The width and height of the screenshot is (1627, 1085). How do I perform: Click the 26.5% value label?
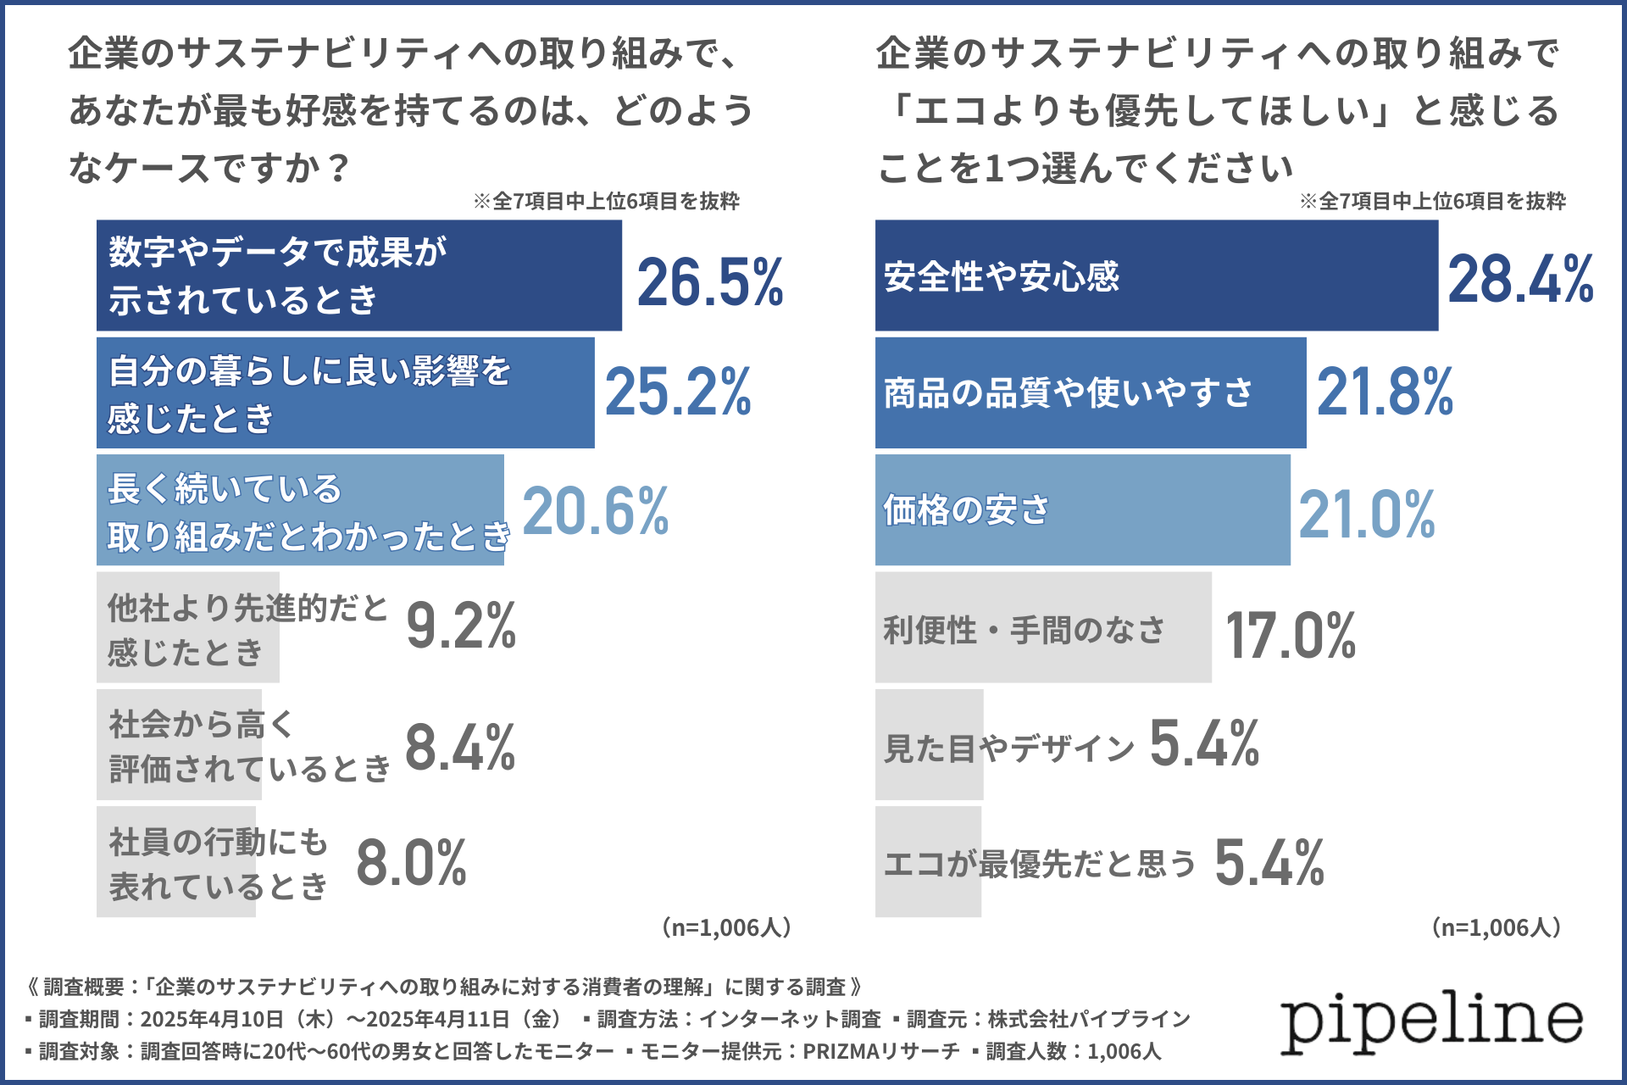pyautogui.click(x=710, y=282)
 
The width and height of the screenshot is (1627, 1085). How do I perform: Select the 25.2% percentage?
pyautogui.click(x=678, y=392)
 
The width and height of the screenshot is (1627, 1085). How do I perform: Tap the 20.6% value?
pyautogui.click(x=595, y=511)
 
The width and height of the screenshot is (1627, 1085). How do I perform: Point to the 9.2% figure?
pyautogui.click(x=461, y=626)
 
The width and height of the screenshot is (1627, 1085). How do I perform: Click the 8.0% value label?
pyautogui.click(x=412, y=863)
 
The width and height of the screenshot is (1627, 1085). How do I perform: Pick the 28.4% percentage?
pyautogui.click(x=1520, y=279)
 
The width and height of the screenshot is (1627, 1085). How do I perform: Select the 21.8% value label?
pyautogui.click(x=1385, y=392)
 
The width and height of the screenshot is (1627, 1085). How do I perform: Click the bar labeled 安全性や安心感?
pyautogui.click(x=1156, y=275)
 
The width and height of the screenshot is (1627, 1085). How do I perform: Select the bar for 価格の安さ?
pyautogui.click(x=1082, y=510)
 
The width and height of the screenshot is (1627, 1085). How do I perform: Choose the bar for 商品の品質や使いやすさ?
pyautogui.click(x=1090, y=392)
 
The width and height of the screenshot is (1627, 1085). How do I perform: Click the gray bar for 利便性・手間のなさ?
pyautogui.click(x=1042, y=628)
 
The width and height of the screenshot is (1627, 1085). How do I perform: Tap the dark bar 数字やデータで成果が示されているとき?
pyautogui.click(x=358, y=275)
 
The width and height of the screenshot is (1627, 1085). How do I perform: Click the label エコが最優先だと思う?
pyautogui.click(x=1039, y=864)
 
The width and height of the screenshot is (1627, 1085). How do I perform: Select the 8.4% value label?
pyautogui.click(x=460, y=748)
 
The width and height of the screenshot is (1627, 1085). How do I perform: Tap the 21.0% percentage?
pyautogui.click(x=1367, y=515)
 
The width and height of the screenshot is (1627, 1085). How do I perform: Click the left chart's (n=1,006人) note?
pyautogui.click(x=727, y=927)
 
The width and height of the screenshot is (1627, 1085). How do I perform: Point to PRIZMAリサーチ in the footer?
pyautogui.click(x=881, y=1051)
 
